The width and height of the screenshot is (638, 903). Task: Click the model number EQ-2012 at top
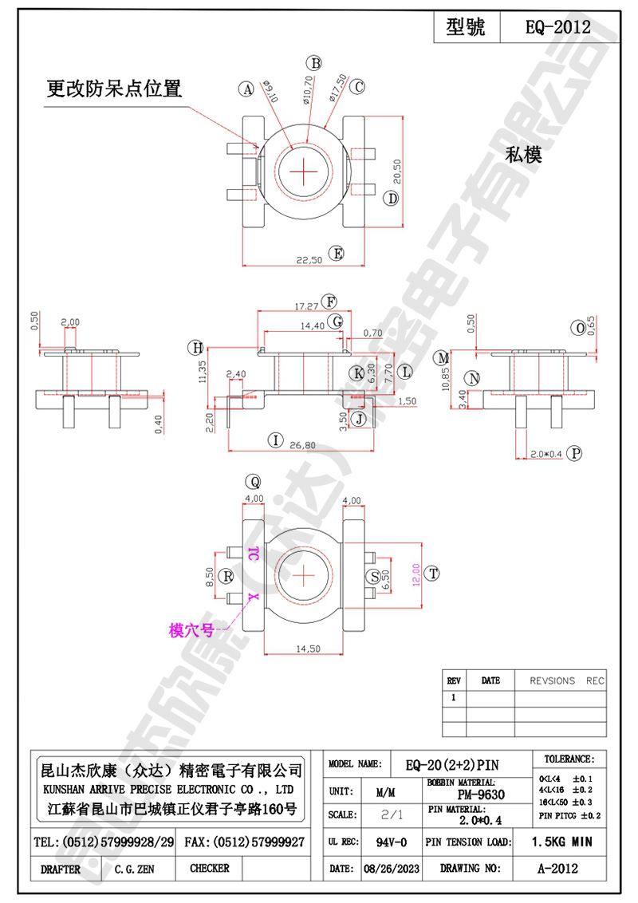tap(557, 27)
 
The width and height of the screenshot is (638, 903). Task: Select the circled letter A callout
tap(247, 89)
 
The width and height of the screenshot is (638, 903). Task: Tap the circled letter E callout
tap(337, 254)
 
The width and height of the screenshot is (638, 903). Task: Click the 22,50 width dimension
tap(309, 259)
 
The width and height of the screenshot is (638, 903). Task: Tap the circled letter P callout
tap(577, 453)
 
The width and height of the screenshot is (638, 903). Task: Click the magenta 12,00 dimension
tap(415, 573)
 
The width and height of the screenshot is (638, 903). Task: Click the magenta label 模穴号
tap(191, 629)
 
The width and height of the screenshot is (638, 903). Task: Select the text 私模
tap(523, 156)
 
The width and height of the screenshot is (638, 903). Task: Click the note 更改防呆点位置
tap(114, 89)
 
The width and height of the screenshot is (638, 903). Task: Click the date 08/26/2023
tap(390, 868)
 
